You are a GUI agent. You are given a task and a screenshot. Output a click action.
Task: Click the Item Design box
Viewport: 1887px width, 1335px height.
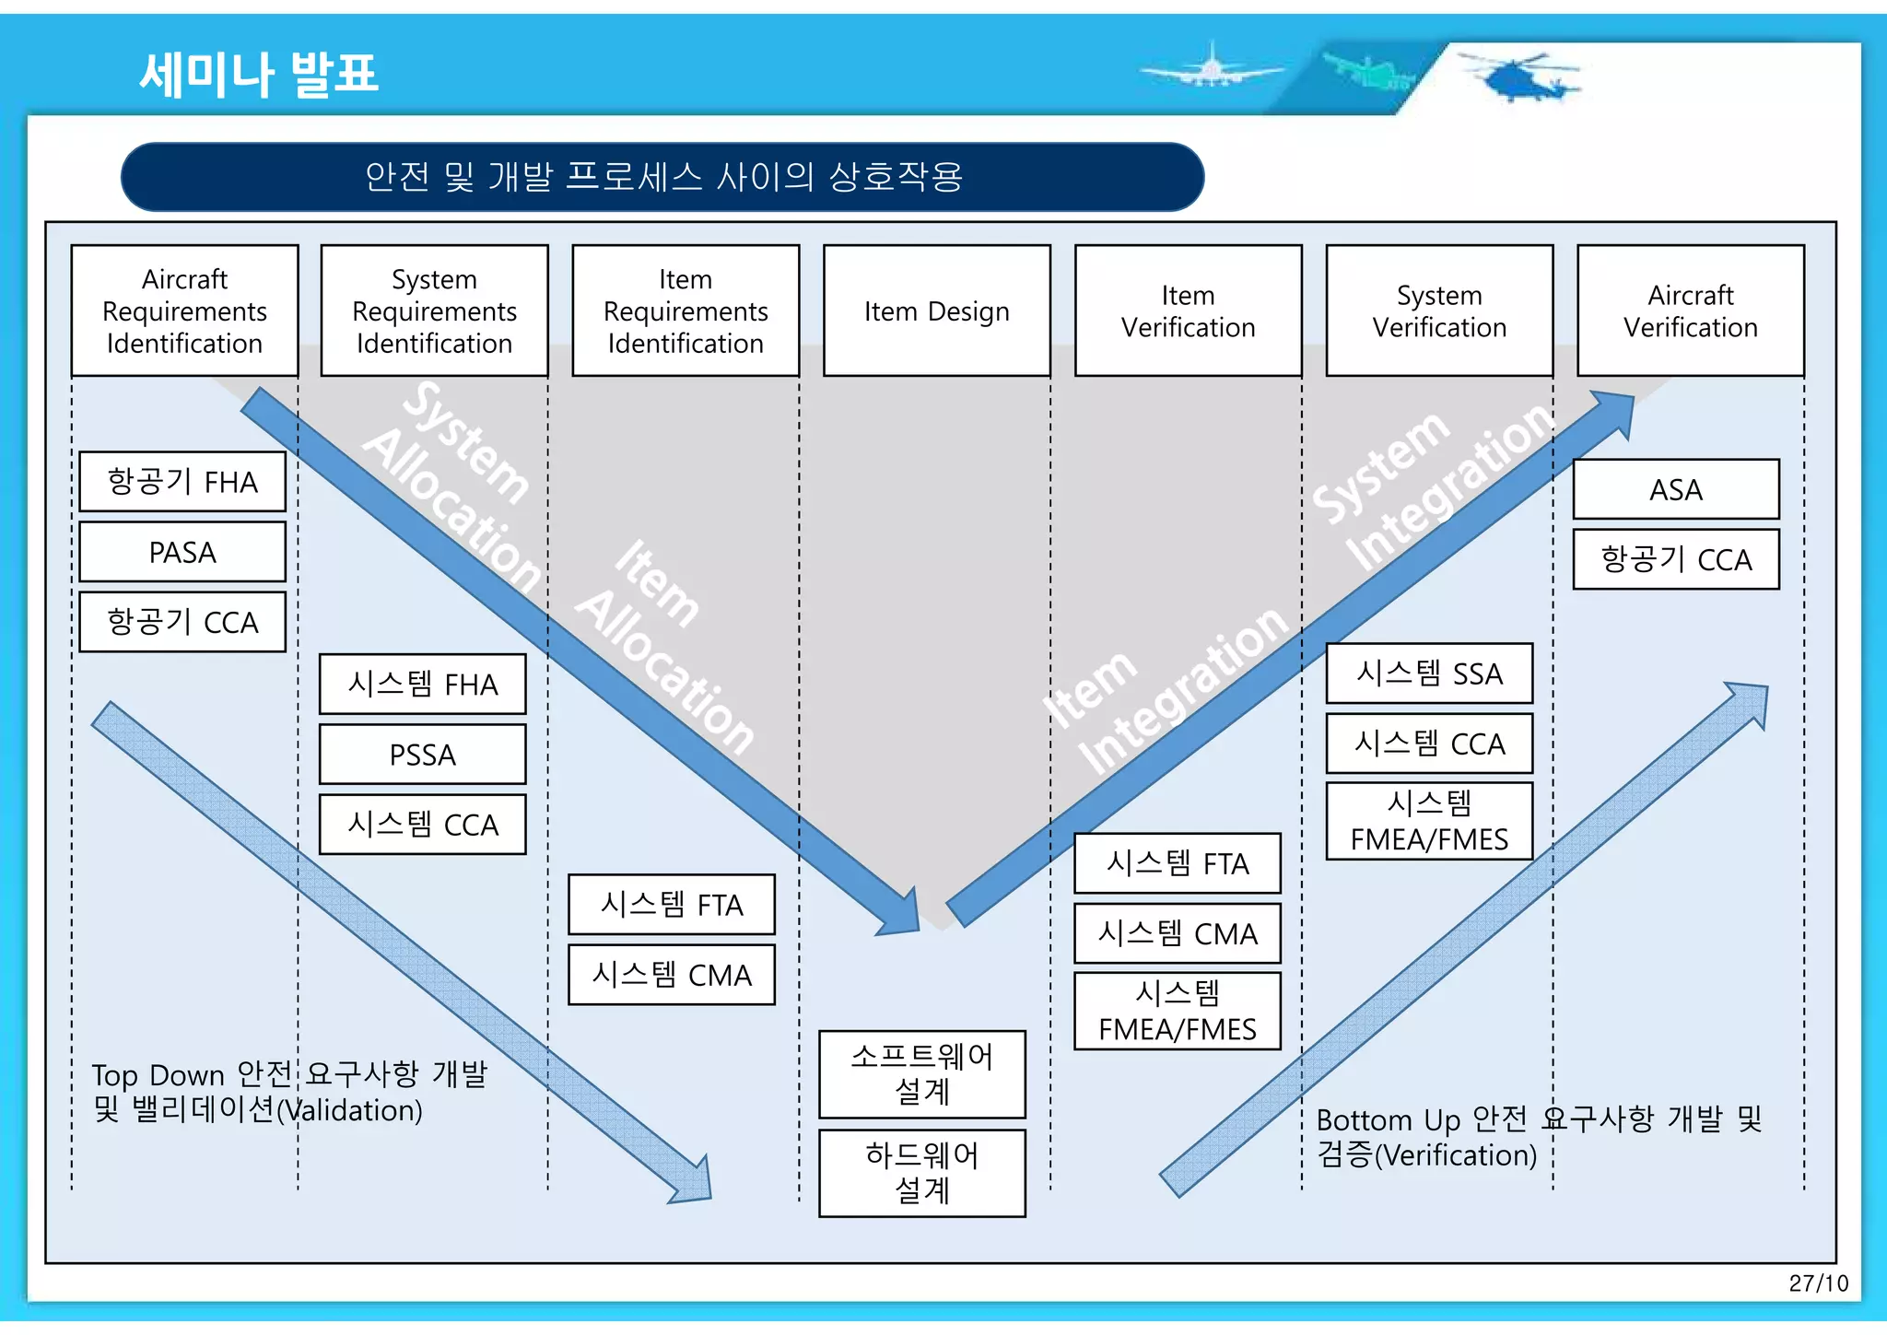[936, 311]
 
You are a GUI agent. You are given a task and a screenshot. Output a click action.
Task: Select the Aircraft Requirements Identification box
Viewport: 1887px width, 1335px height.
[184, 311]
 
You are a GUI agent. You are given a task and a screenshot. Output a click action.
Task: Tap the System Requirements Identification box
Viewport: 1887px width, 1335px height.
[434, 311]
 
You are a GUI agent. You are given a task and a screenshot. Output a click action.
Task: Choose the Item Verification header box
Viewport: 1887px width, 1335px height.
[1188, 311]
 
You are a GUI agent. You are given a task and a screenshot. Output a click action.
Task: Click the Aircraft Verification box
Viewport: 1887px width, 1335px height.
[1690, 311]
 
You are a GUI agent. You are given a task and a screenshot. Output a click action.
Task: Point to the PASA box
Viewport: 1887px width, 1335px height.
[182, 552]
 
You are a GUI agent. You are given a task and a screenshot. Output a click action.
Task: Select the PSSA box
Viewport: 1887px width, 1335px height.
[422, 755]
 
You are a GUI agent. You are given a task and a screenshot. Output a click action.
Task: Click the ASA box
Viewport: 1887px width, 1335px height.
[1675, 489]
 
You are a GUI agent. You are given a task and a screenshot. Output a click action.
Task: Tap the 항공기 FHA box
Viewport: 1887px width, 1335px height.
[182, 482]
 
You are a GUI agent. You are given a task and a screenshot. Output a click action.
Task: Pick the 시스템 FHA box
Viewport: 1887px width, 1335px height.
[422, 685]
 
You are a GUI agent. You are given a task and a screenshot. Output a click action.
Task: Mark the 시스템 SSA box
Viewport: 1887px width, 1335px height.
[1429, 673]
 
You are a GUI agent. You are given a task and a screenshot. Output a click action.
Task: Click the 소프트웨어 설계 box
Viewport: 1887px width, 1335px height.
[921, 1074]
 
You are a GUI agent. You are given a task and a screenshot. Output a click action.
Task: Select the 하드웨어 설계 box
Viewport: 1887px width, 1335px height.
[921, 1173]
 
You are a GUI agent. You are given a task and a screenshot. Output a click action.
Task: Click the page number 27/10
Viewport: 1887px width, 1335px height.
[1818, 1283]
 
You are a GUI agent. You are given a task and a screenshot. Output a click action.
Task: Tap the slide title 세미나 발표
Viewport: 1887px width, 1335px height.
[259, 74]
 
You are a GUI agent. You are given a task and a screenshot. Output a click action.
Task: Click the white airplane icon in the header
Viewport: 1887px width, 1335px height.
[1211, 68]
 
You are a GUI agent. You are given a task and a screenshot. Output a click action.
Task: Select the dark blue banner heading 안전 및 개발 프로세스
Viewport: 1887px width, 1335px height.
[662, 176]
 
